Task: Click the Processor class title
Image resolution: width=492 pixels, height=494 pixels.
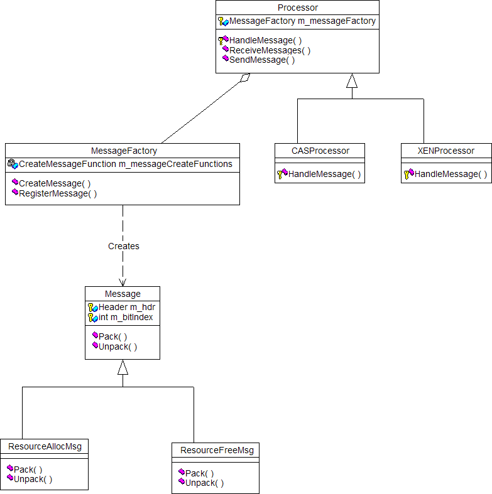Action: click(x=297, y=8)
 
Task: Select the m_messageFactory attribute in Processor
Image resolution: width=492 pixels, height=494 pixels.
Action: click(x=302, y=21)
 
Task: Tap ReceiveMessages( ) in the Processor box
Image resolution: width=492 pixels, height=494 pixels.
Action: click(x=270, y=50)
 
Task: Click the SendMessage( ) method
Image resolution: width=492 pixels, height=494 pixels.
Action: click(x=261, y=60)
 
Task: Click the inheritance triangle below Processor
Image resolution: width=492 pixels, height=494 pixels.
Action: click(x=352, y=80)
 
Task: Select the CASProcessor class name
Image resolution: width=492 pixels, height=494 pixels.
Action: click(x=320, y=151)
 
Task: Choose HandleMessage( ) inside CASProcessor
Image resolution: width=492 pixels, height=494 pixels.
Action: click(x=324, y=174)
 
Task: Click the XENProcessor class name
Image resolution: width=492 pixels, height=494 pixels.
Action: click(x=446, y=151)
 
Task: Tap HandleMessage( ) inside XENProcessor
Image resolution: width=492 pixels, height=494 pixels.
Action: click(x=451, y=174)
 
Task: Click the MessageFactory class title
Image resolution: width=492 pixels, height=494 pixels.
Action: click(x=124, y=151)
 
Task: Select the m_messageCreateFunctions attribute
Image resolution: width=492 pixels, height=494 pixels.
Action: click(x=125, y=164)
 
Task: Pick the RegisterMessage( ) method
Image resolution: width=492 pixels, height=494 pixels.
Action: click(x=58, y=193)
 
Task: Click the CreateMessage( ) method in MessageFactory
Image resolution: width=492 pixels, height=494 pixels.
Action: click(x=55, y=183)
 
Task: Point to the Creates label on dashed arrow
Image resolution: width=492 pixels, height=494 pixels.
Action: click(x=123, y=246)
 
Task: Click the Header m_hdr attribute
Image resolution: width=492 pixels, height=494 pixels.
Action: click(x=126, y=307)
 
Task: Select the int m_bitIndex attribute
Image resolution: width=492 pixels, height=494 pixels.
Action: click(x=125, y=317)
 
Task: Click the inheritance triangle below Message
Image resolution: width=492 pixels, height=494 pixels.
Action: click(x=123, y=367)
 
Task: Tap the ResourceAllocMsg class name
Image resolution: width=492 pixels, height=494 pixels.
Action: click(x=44, y=446)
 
